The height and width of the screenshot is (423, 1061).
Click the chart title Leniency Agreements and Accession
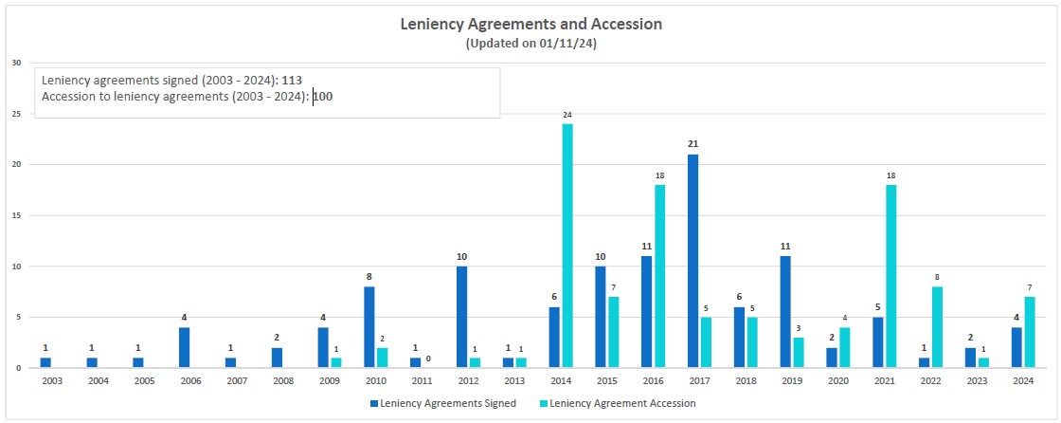[530, 23]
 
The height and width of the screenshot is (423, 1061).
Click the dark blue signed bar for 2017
[693, 261]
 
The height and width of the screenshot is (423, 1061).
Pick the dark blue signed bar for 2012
[461, 317]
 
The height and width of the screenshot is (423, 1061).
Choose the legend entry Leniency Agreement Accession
[621, 403]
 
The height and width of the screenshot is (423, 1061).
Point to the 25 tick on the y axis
[16, 114]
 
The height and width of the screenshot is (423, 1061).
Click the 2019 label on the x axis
[792, 381]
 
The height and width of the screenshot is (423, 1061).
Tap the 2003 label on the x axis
[52, 381]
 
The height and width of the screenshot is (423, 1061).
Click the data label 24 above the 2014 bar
[567, 115]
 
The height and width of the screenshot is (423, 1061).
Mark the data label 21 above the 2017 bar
[693, 144]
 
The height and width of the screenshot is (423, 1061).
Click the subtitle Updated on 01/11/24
[530, 44]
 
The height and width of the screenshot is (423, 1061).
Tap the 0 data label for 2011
[428, 359]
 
